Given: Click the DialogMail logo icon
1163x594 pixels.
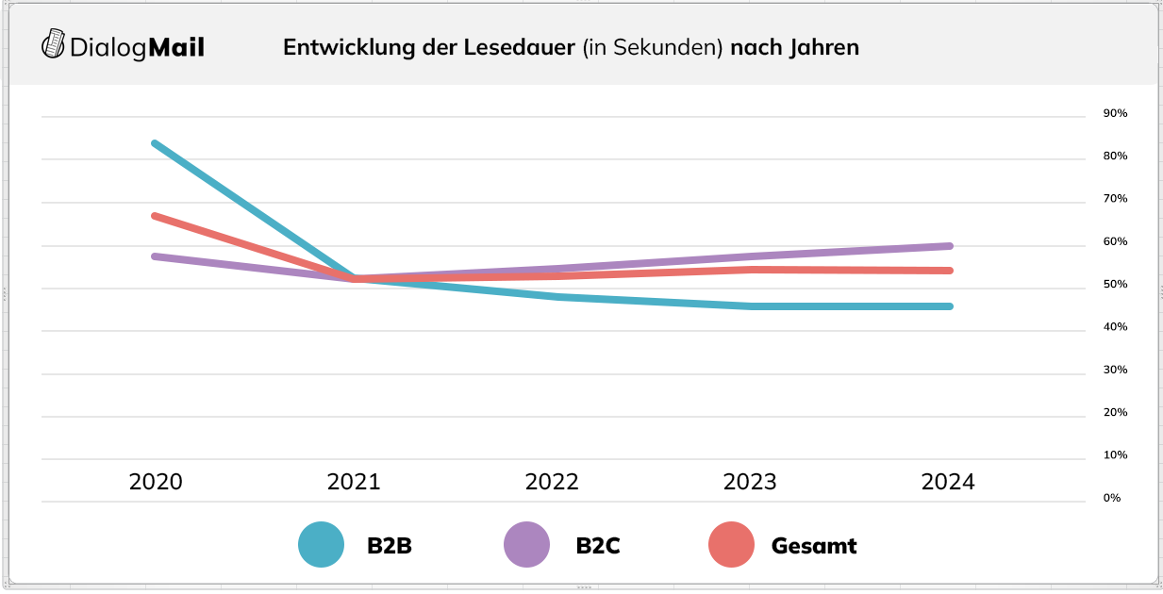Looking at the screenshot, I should [54, 44].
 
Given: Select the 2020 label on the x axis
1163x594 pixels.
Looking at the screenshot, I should [156, 482].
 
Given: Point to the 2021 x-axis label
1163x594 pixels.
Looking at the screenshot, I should [354, 482].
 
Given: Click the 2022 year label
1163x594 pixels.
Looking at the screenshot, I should [552, 482].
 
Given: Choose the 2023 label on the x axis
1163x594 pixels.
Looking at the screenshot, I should [750, 482].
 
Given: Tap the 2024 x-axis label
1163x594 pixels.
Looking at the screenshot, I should [948, 482].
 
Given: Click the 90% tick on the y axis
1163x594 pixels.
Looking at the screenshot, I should [1115, 113].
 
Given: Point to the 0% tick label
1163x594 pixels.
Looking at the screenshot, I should [1111, 497].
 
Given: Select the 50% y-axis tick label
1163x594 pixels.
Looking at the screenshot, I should [1115, 284].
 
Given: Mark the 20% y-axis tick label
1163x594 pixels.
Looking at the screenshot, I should [1115, 412].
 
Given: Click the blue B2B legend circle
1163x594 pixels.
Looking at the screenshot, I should [322, 545].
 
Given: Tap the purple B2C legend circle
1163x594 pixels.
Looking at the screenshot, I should [526, 545].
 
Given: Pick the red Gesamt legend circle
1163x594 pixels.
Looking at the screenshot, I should [731, 545].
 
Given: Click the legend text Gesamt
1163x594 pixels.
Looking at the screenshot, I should [813, 545].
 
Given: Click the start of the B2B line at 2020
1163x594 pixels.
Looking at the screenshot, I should [155, 143].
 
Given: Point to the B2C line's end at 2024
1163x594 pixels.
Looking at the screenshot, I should [949, 246].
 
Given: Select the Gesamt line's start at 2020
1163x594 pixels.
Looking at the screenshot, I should [155, 216].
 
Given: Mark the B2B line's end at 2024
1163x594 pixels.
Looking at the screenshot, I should [949, 306].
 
